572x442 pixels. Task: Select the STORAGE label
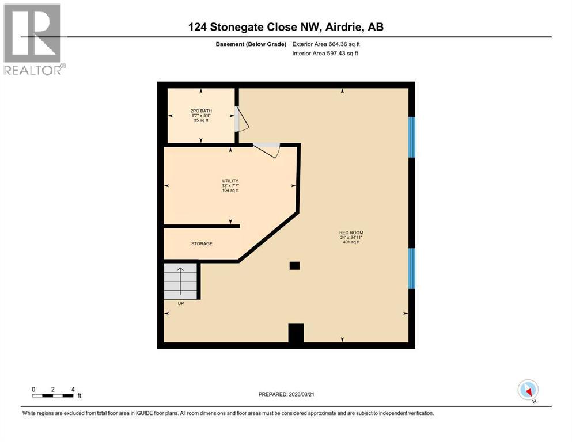pyautogui.click(x=202, y=244)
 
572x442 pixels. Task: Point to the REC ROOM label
pyautogui.click(x=351, y=233)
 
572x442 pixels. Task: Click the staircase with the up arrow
pyautogui.click(x=180, y=280)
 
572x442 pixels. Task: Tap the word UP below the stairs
pyautogui.click(x=180, y=303)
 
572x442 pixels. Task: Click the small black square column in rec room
pyautogui.click(x=294, y=265)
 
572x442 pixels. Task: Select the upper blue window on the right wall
pyautogui.click(x=411, y=137)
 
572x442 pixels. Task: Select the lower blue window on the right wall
pyautogui.click(x=411, y=268)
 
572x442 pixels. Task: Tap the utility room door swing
pyautogui.click(x=267, y=149)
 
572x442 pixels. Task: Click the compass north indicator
pyautogui.click(x=528, y=390)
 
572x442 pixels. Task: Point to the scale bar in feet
pyautogui.click(x=53, y=395)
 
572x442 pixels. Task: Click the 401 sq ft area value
pyautogui.click(x=351, y=242)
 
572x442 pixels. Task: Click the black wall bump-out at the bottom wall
pyautogui.click(x=296, y=333)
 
